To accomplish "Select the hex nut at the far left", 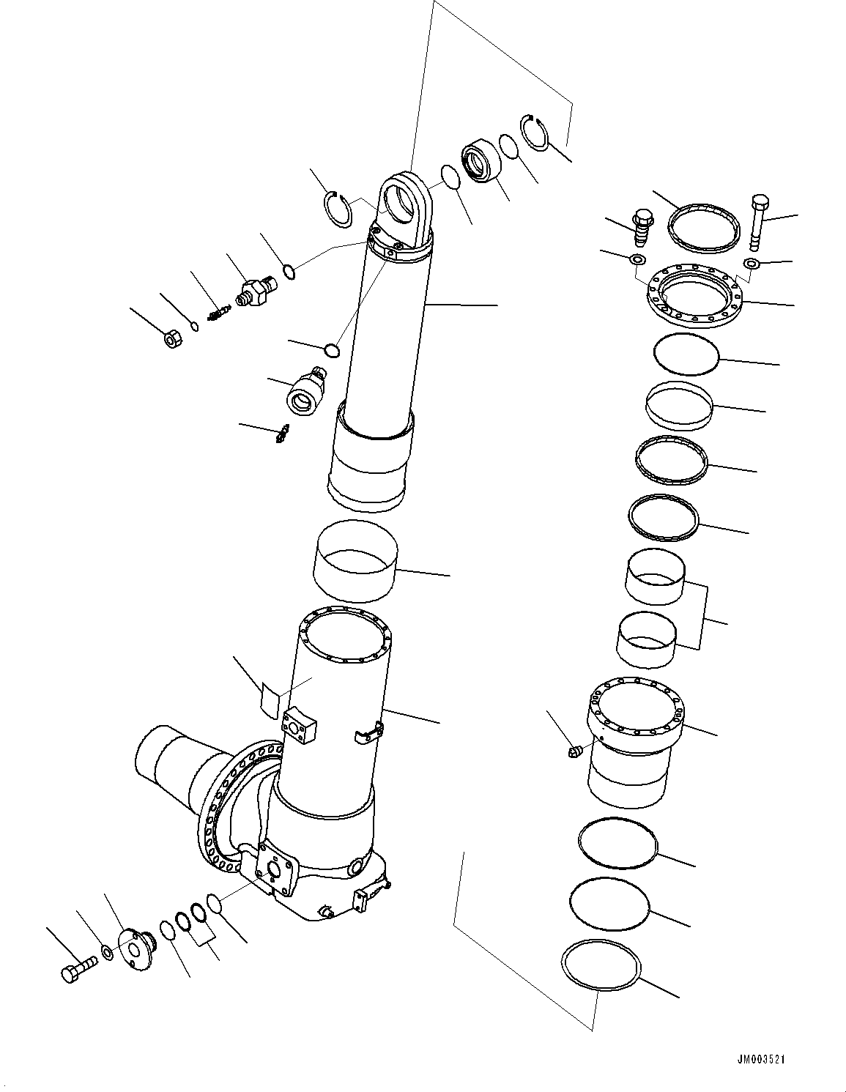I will (172, 339).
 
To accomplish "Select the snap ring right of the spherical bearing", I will (538, 133).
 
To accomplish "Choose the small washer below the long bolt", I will (750, 264).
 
